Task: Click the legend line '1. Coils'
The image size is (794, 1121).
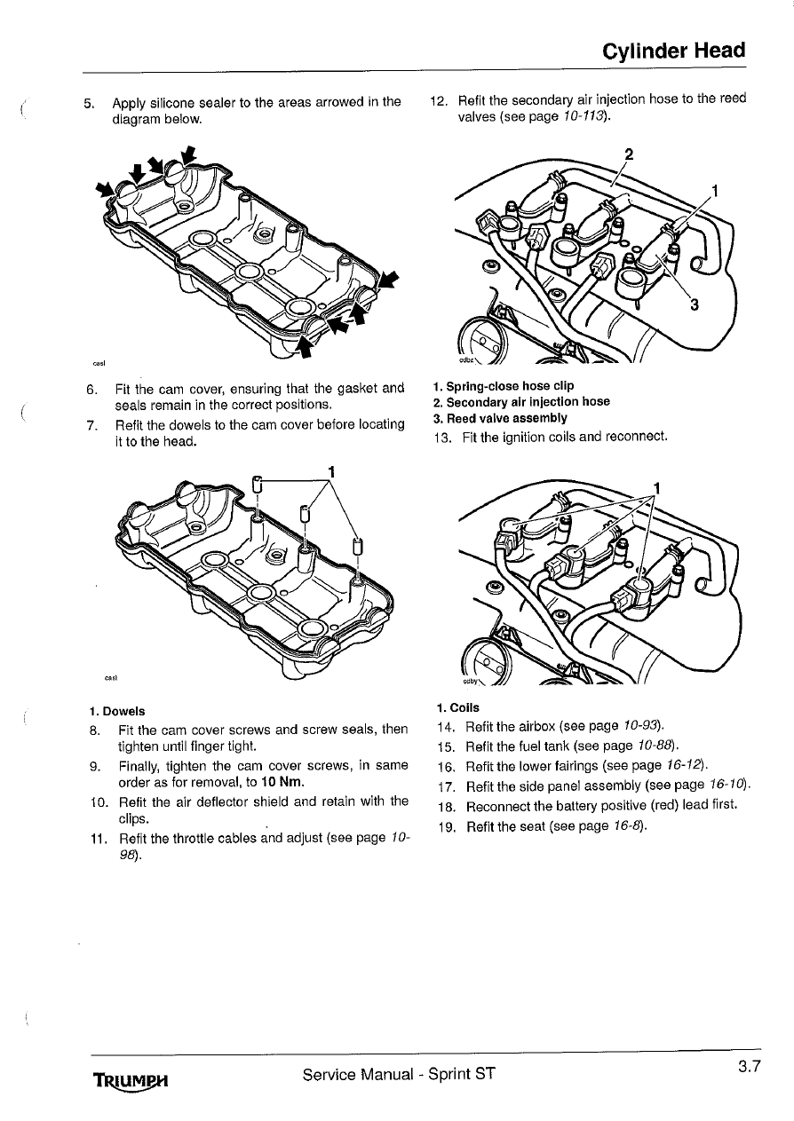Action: tap(457, 707)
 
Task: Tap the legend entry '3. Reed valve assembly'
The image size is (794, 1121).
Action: tap(499, 417)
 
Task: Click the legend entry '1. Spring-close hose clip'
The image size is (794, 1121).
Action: tap(503, 386)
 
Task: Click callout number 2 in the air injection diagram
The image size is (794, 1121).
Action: tap(628, 153)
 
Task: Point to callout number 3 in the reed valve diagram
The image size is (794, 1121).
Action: tap(695, 305)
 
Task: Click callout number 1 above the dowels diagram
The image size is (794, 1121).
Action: tap(330, 470)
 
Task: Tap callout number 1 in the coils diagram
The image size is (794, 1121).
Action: tap(657, 486)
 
